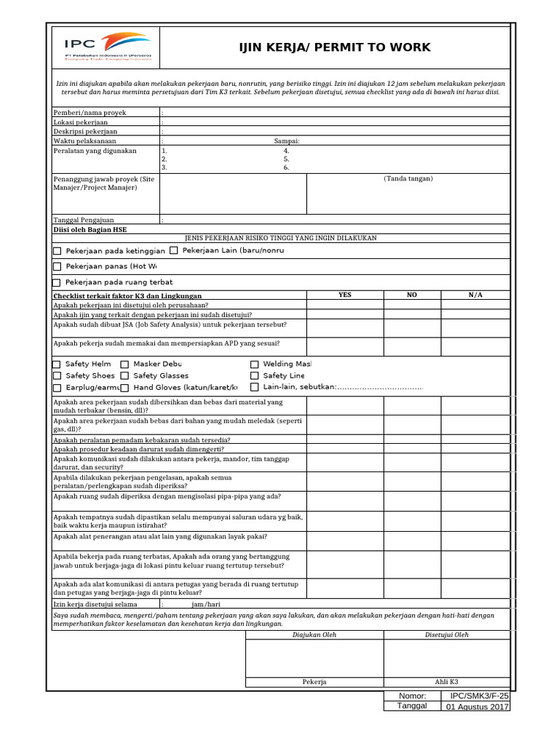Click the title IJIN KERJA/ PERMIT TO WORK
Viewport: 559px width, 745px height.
tap(335, 48)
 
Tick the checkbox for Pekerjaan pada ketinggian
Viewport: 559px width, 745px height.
tap(58, 251)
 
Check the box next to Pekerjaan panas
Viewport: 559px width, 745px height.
tap(58, 267)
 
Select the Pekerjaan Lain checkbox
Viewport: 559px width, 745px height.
tap(174, 250)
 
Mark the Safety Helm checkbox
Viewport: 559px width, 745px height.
tap(58, 364)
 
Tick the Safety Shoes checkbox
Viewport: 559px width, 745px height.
tap(58, 376)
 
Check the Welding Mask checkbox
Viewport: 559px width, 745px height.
tap(255, 364)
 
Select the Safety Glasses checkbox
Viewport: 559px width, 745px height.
tap(125, 376)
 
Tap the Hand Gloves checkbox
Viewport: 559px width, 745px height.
tap(125, 388)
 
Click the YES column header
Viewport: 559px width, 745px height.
tap(344, 295)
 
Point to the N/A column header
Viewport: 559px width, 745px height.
tap(475, 295)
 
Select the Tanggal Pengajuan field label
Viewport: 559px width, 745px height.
tap(84, 219)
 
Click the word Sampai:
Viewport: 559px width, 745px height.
tap(287, 141)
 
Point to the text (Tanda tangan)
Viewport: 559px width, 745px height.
tap(408, 178)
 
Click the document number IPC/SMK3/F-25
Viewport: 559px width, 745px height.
tap(475, 696)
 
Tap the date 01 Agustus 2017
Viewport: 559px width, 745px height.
tap(477, 706)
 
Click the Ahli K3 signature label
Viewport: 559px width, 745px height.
tap(446, 682)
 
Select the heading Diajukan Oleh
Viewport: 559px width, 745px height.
tap(314, 634)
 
